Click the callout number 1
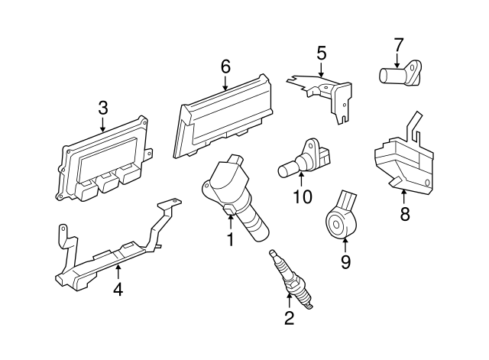[230, 239]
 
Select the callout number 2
[289, 318]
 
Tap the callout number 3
[102, 108]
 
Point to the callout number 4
[118, 289]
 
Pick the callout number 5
[321, 53]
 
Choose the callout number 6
[225, 66]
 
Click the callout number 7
[398, 44]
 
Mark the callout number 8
[404, 214]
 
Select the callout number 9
[345, 261]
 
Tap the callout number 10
[303, 196]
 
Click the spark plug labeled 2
[291, 279]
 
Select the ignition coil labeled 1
[235, 197]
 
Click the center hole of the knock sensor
[336, 224]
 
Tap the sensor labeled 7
[400, 73]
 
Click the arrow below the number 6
[225, 83]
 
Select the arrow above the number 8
[404, 198]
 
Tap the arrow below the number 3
[102, 124]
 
